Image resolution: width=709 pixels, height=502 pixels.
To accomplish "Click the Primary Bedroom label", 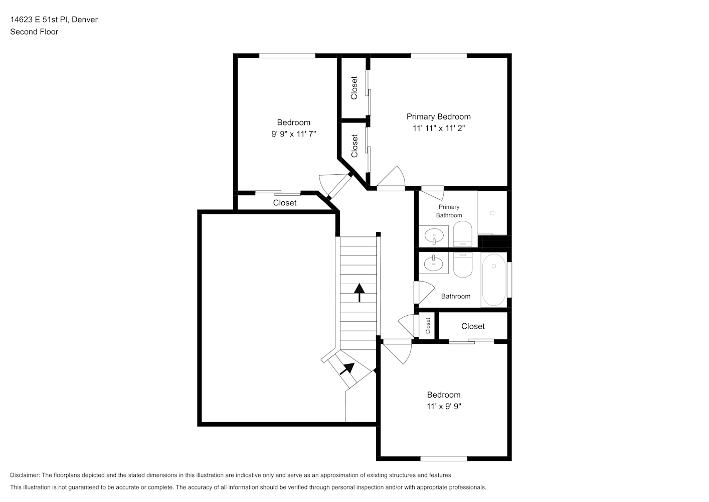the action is [438, 116].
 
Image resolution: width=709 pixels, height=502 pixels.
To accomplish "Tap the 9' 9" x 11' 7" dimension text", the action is [293, 134].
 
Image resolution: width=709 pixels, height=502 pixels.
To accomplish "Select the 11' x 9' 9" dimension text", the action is [444, 406].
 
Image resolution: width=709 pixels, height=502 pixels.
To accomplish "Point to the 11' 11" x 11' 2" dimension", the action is [439, 129].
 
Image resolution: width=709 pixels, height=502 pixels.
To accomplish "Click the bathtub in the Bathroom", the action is [494, 280].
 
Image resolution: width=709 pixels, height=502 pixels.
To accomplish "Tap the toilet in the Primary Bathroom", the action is [463, 234].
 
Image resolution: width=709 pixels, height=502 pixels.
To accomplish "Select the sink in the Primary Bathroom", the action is [434, 236].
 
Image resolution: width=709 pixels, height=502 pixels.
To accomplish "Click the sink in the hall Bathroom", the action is [434, 263].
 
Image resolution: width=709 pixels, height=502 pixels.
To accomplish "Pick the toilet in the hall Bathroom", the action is [463, 265].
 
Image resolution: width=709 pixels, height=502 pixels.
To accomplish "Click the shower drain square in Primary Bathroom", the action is [492, 213].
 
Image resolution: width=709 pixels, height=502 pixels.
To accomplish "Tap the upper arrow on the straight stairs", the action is [359, 292].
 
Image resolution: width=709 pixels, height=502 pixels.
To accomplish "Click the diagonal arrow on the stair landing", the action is [347, 368].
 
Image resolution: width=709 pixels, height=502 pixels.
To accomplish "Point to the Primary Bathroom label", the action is [449, 211].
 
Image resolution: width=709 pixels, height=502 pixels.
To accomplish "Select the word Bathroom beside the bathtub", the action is [456, 296].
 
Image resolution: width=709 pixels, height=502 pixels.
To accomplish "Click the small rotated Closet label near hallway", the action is [428, 326].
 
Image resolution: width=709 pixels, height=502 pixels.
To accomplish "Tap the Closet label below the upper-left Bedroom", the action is [284, 203].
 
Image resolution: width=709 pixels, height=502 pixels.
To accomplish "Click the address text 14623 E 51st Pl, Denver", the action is [54, 20].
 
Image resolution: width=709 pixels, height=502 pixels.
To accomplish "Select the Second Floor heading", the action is [34, 32].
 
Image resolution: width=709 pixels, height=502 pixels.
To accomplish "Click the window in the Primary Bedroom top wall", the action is [439, 56].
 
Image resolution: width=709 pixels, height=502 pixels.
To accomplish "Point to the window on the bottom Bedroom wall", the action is [444, 459].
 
